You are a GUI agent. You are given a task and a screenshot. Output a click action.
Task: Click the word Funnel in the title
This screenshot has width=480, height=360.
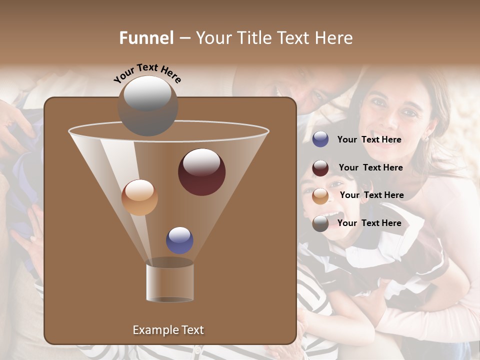[146, 38]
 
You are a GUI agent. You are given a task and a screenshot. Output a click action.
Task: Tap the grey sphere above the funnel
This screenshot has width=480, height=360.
[147, 106]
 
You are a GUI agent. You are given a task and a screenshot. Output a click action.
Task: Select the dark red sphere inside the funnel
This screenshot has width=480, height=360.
[201, 172]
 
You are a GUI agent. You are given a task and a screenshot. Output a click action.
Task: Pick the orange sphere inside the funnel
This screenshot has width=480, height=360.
[139, 197]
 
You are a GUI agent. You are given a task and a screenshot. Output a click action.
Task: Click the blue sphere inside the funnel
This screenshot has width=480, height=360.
[179, 240]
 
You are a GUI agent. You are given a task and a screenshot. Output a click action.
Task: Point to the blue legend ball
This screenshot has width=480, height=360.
[320, 139]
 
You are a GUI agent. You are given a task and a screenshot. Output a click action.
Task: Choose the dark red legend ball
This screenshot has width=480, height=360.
[320, 168]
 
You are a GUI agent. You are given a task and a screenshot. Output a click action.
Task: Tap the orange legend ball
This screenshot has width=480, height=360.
[320, 195]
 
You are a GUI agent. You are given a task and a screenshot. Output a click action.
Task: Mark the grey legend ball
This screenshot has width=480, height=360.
[320, 223]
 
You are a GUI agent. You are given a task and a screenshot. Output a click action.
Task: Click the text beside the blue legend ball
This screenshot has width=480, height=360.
[369, 140]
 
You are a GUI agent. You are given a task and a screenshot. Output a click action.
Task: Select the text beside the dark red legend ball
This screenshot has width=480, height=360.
[370, 167]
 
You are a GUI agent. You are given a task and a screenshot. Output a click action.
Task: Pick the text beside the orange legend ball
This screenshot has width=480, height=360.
[371, 195]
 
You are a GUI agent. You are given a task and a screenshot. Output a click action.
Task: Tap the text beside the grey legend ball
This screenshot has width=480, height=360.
[369, 223]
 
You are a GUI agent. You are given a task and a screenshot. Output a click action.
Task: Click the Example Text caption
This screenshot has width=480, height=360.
[168, 330]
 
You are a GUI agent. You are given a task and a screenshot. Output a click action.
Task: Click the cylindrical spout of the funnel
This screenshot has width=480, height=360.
[169, 282]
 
